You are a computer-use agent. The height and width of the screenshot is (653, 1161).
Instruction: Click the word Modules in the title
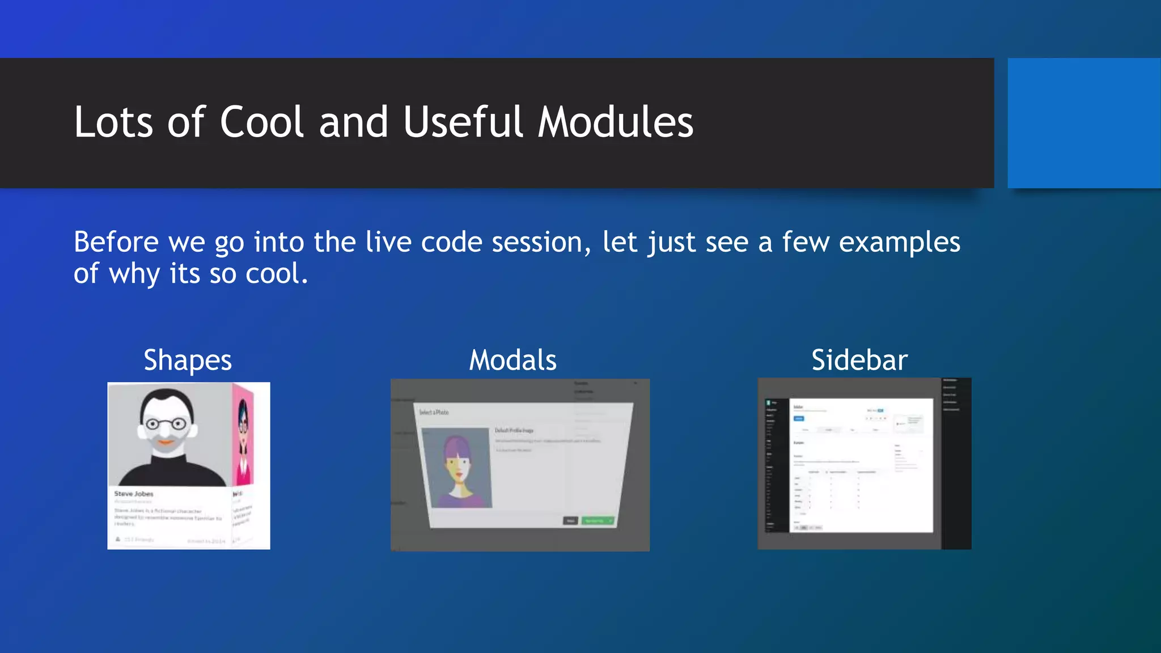click(x=615, y=122)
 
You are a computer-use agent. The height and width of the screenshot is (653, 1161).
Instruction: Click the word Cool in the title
click(x=262, y=122)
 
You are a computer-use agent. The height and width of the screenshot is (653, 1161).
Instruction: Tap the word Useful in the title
click(x=463, y=122)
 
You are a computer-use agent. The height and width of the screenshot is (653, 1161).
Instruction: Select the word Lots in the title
click(x=113, y=122)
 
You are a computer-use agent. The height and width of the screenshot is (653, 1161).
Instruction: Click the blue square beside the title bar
click(x=1083, y=122)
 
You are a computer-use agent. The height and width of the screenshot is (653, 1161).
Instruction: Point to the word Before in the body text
click(x=116, y=242)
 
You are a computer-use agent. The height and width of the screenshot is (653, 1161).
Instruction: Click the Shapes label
click(x=188, y=361)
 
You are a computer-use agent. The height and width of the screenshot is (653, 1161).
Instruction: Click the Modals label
click(x=512, y=361)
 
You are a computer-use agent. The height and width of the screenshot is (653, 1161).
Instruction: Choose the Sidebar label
click(x=859, y=361)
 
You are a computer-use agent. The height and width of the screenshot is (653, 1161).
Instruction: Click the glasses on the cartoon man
click(x=166, y=423)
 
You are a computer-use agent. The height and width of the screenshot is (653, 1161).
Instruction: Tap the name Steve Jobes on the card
click(x=134, y=494)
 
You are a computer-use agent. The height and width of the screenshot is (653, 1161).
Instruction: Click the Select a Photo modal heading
click(x=434, y=412)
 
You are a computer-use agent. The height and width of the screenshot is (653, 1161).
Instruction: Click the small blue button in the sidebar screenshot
click(x=798, y=418)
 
